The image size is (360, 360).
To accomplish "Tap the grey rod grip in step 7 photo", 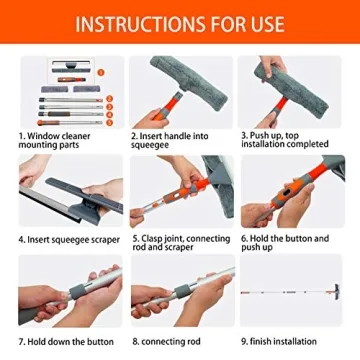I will (64, 295).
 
